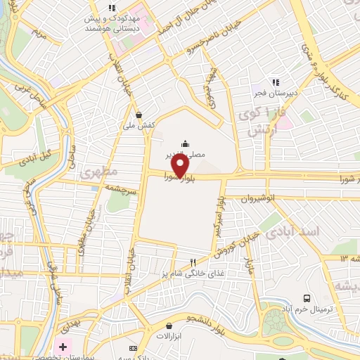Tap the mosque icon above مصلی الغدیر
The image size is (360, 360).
(x=185, y=142)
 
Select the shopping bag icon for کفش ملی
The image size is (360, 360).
(x=139, y=115)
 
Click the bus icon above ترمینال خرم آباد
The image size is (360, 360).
(x=307, y=299)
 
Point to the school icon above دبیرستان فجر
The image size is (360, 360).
(x=276, y=82)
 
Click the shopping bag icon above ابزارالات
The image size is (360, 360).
(x=169, y=326)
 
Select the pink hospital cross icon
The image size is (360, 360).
(x=63, y=346)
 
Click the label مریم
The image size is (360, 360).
(x=40, y=33)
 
